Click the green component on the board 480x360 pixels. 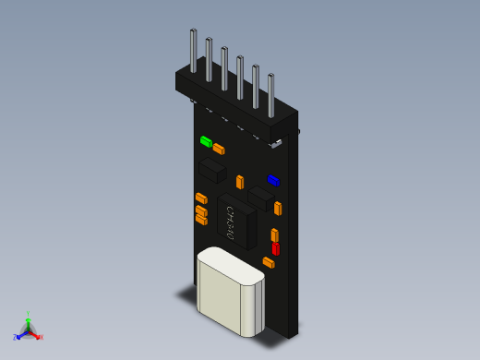(x=206, y=141)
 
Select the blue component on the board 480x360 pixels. (x=273, y=180)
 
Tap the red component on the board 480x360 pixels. (x=275, y=248)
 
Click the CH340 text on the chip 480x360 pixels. (x=230, y=223)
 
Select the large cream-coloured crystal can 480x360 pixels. (x=230, y=291)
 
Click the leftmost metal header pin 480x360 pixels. (x=193, y=50)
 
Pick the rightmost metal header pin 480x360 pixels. (x=271, y=93)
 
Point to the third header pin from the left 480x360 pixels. (x=224, y=67)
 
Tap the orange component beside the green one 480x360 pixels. (x=219, y=148)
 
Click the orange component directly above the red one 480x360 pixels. (x=274, y=234)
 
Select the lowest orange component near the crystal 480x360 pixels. (x=269, y=262)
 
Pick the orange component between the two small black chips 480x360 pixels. (x=240, y=182)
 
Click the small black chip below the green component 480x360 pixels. (x=213, y=169)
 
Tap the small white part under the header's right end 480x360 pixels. (x=276, y=142)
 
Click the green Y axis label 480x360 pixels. (x=29, y=314)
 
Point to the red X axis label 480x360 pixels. (x=41, y=337)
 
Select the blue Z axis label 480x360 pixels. (x=16, y=338)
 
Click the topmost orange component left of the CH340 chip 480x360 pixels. (x=201, y=198)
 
